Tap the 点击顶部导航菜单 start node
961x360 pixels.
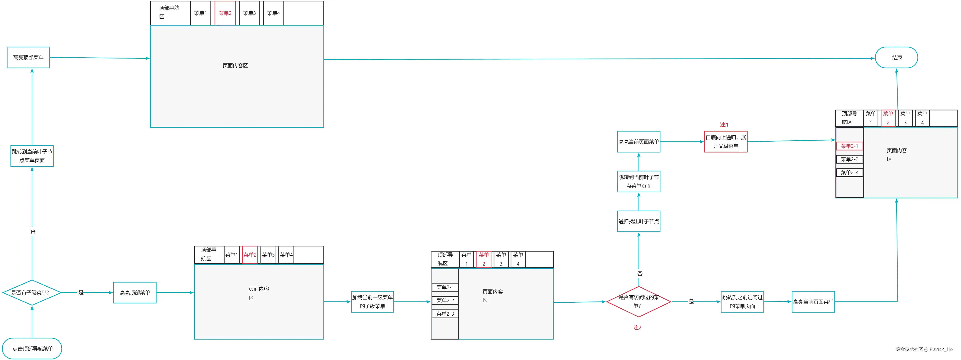click(32, 348)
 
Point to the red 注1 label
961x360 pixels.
click(724, 125)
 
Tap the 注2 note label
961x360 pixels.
click(637, 328)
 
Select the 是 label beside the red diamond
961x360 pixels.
click(691, 302)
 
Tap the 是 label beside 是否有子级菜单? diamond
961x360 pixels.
click(81, 292)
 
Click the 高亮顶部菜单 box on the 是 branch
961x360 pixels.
click(135, 292)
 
